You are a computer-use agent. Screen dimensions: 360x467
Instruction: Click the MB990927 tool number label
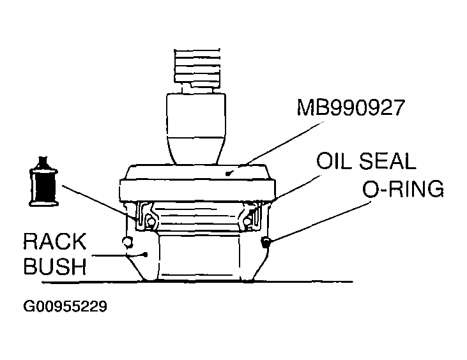pyautogui.click(x=351, y=108)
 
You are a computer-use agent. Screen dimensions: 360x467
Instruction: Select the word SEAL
pyautogui.click(x=389, y=161)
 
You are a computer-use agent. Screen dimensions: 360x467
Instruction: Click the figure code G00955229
pyautogui.click(x=65, y=306)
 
